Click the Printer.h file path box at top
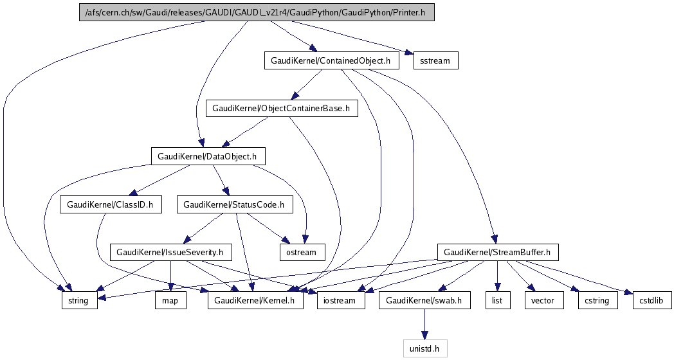[x=257, y=12]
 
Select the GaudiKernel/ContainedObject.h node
[x=331, y=61]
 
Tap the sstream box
[x=435, y=61]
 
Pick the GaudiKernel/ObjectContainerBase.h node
[x=281, y=108]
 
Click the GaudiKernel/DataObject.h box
[x=208, y=156]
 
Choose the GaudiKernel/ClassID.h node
[x=111, y=204]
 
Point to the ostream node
[x=302, y=252]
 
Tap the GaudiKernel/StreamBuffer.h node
[x=498, y=252]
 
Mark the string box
[x=79, y=300]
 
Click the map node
[x=170, y=300]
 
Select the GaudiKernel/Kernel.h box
[x=255, y=300]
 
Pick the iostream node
[x=341, y=300]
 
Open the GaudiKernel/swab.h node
[x=424, y=300]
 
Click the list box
[x=497, y=300]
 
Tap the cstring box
[x=597, y=300]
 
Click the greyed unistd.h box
[x=424, y=348]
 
